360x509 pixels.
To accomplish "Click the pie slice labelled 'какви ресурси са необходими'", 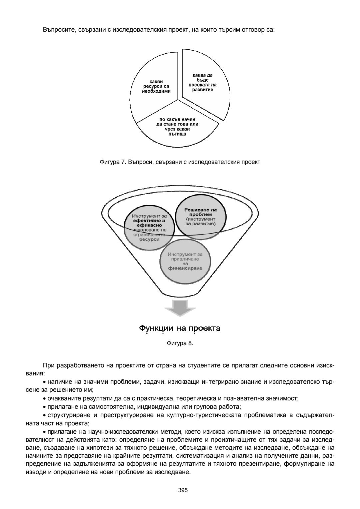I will click(153, 87).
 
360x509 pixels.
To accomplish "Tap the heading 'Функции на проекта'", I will click(180, 328).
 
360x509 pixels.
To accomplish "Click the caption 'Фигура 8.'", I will click(180, 343).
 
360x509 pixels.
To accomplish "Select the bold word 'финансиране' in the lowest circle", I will click(185, 268).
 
